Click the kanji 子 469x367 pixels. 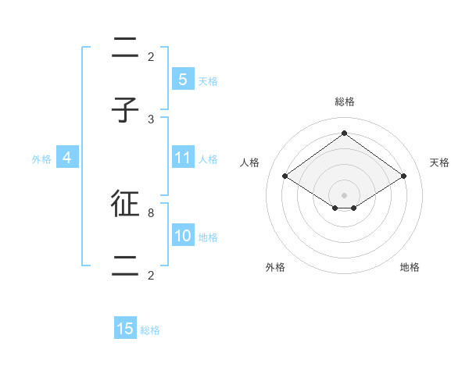125,111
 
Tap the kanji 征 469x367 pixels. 125,205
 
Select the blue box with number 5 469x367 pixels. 182,79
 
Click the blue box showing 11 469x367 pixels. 182,158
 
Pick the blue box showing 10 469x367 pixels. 182,236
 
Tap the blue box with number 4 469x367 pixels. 67,158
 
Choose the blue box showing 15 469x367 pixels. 125,329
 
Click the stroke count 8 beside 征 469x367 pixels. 151,212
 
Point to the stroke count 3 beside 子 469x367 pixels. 151,119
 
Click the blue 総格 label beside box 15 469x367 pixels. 150,330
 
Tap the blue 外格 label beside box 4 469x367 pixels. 41,159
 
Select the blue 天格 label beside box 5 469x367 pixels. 208,80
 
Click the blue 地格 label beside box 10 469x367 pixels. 208,237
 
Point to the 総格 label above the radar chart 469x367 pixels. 345,102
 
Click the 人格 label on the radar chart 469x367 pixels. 250,162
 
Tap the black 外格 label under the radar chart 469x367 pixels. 275,267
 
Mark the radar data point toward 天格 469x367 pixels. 403,176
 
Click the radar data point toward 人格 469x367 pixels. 285,176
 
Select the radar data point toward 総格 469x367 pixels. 344,133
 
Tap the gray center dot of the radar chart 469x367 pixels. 344,194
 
